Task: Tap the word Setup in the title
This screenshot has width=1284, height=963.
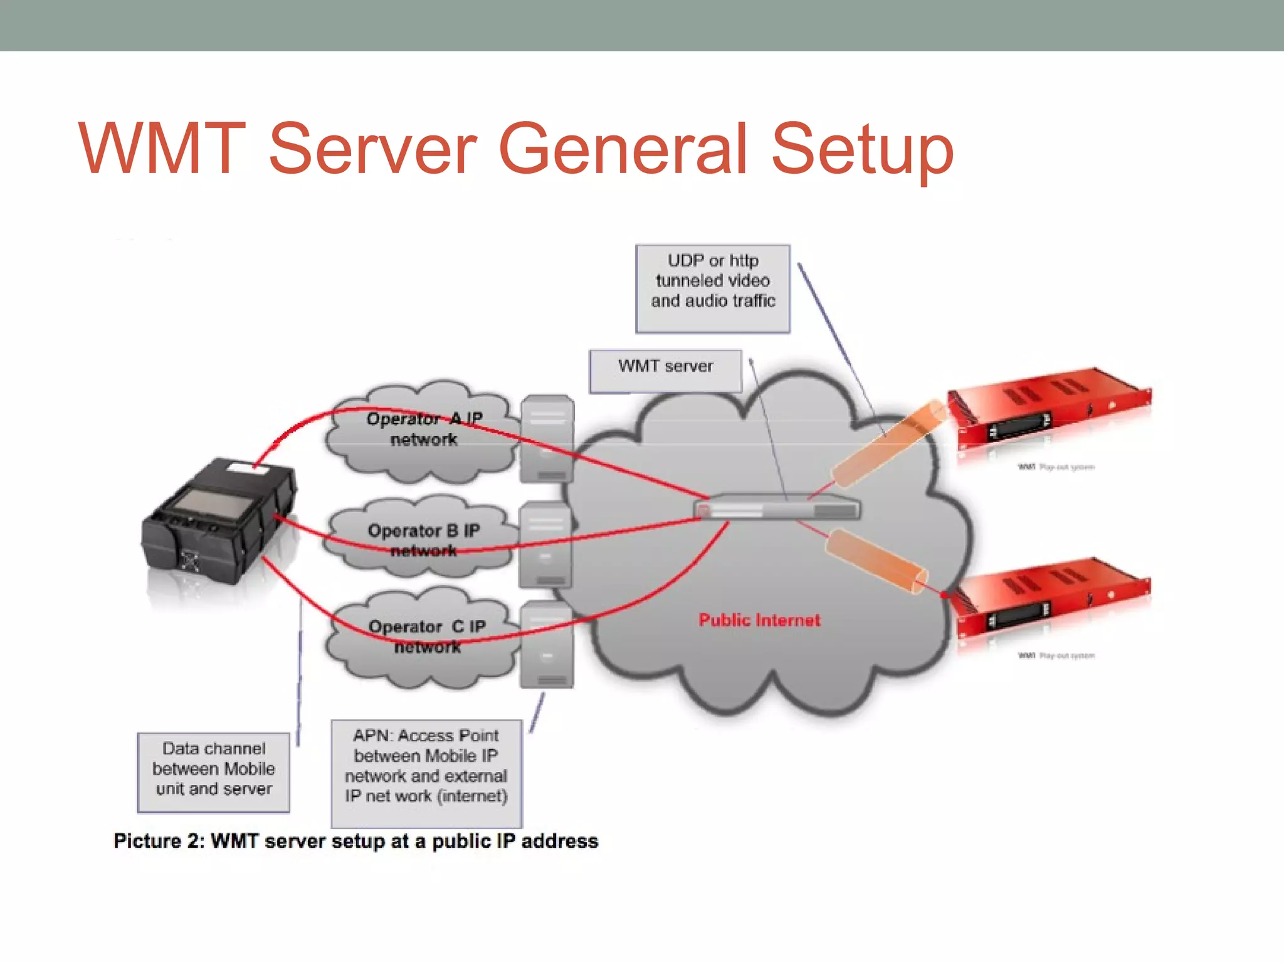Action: pos(861,149)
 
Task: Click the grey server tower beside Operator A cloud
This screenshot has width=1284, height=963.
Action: pos(547,439)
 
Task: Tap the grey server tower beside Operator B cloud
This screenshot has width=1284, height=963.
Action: pos(545,544)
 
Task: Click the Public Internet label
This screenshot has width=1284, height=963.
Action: pos(759,620)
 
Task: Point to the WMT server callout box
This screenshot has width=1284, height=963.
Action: pos(665,370)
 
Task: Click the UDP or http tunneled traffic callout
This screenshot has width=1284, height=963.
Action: pos(713,288)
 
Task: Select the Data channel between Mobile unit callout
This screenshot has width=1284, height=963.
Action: pos(214,772)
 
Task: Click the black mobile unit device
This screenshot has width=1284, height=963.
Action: pos(216,520)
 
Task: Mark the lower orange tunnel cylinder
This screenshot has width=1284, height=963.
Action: pos(875,560)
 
